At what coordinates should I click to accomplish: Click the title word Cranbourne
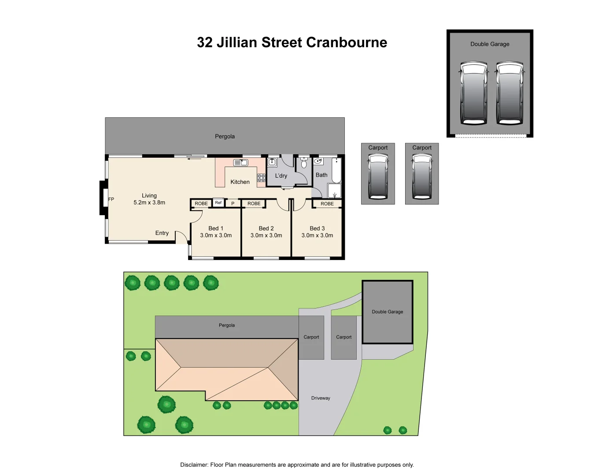347,42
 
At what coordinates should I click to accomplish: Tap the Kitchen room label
240,182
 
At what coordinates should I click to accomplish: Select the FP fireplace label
111,199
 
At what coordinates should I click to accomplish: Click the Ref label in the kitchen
218,203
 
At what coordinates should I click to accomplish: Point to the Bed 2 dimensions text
266,235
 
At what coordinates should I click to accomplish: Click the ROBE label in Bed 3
327,204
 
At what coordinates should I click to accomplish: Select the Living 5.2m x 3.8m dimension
149,203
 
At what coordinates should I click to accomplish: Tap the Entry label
162,233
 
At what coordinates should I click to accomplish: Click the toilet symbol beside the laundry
304,164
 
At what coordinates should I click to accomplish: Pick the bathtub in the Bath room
336,171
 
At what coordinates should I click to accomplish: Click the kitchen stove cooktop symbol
261,178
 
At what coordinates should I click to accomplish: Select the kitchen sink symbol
240,163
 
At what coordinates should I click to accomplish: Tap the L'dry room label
281,176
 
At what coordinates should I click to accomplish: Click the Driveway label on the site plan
321,398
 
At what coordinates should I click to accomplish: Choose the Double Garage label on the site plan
388,312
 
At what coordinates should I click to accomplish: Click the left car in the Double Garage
474,93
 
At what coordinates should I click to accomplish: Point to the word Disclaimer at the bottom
194,465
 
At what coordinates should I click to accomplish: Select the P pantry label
233,204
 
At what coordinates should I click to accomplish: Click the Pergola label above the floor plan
225,137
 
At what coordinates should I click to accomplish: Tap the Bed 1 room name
216,228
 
